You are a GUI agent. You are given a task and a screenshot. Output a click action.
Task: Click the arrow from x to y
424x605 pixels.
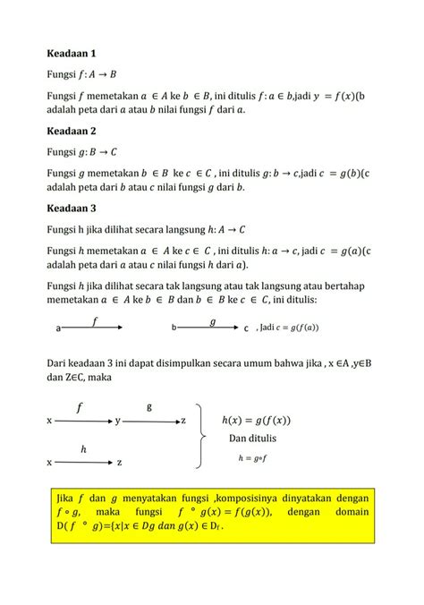coord(82,420)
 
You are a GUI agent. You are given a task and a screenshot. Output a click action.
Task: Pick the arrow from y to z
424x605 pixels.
coord(150,420)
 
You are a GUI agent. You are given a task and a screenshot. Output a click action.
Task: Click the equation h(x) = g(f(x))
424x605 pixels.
coord(256,420)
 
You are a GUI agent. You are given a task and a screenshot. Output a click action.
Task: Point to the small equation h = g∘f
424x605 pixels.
coord(254,457)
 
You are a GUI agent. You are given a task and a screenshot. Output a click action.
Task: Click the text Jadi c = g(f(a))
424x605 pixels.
coord(286,328)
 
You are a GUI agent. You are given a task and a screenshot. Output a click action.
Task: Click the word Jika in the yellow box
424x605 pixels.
coord(63,497)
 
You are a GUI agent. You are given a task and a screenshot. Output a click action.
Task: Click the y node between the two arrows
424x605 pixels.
coord(117,421)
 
